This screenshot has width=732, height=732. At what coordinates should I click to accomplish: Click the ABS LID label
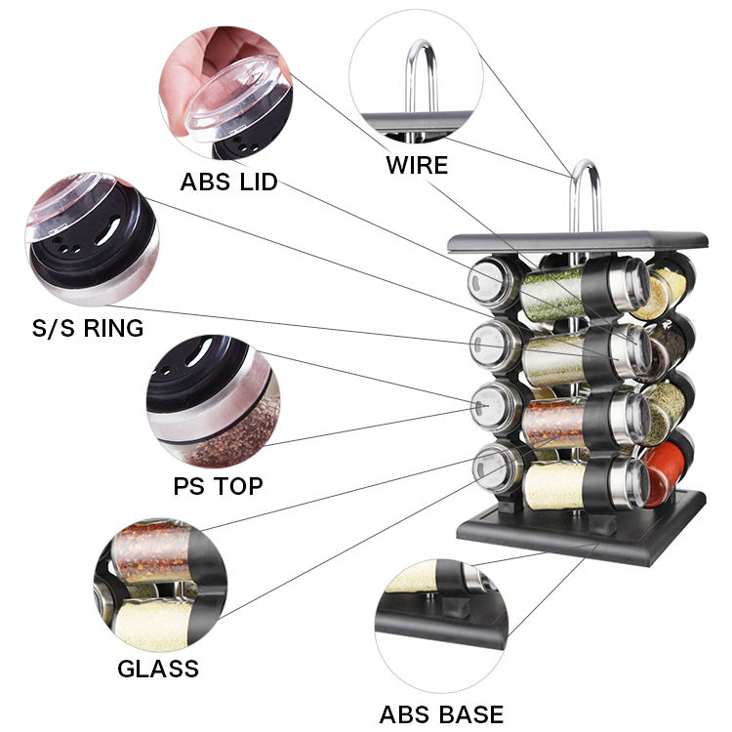click(x=228, y=182)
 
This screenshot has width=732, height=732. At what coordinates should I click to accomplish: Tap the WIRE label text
click(x=417, y=164)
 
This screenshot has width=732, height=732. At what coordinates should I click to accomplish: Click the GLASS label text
click(x=158, y=669)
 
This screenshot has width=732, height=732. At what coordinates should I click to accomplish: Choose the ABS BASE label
click(x=442, y=713)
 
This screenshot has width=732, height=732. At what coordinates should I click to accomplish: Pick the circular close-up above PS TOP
click(x=212, y=401)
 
